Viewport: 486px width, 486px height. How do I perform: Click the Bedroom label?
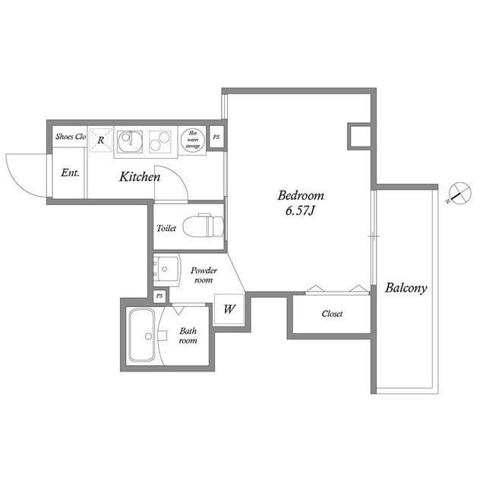[x=300, y=194]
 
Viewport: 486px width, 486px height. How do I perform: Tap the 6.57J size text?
[x=300, y=210]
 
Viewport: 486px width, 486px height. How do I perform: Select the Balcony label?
[x=406, y=288]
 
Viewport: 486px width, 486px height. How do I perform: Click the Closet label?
[x=332, y=314]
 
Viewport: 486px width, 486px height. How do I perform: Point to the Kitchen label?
[x=139, y=177]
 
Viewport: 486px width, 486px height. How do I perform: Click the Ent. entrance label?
[x=70, y=172]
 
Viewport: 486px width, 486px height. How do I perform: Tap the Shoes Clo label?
[x=69, y=137]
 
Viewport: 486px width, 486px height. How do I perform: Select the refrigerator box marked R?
[x=101, y=140]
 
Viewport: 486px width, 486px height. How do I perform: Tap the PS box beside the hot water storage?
[x=216, y=137]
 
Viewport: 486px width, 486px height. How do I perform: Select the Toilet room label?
[x=166, y=228]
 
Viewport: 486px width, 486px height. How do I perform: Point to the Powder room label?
[x=203, y=275]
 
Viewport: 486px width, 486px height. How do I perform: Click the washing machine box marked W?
[x=229, y=309]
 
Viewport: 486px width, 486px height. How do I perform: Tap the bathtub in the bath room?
[x=142, y=335]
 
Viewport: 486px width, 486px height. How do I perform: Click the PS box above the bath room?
[x=159, y=295]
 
